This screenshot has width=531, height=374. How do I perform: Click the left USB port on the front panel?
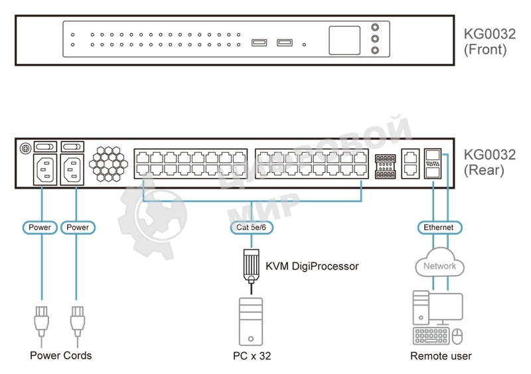[260, 43]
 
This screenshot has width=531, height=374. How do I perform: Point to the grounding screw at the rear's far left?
[25, 147]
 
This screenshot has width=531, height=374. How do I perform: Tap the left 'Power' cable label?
[40, 228]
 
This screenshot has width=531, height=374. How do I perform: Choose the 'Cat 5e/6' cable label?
[251, 228]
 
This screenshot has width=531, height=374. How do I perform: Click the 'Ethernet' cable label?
[439, 228]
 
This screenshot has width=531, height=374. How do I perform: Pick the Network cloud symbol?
[439, 265]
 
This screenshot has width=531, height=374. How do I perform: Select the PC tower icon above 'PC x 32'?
[251, 321]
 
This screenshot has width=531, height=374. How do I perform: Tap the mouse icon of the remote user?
[457, 337]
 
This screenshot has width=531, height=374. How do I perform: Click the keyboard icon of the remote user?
[430, 337]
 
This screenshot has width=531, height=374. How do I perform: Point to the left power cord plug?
[41, 320]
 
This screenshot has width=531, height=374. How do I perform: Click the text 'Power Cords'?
[61, 355]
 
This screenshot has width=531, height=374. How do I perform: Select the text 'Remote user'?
[441, 356]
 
